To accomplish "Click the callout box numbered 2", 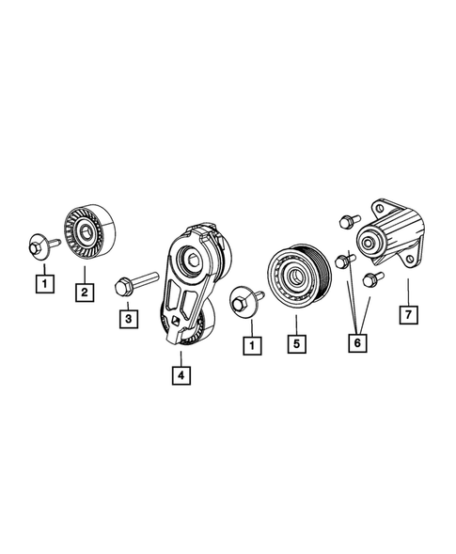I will click(x=84, y=293).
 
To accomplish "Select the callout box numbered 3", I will click(x=126, y=320).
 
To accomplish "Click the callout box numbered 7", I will click(x=407, y=314).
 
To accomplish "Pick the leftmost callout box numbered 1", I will click(x=42, y=279).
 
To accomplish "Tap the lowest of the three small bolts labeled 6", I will click(x=369, y=279).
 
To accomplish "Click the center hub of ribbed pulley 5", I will click(x=293, y=277).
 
